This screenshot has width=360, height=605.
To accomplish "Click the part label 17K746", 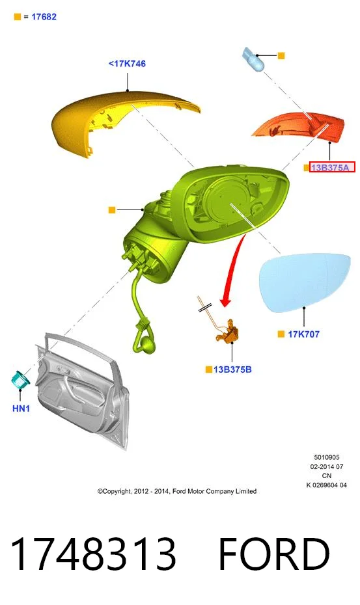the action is tap(128, 64).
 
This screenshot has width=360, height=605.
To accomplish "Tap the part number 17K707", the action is tap(303, 334).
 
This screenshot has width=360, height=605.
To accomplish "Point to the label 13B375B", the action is tap(232, 370).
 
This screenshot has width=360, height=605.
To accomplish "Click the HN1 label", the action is tap(21, 409).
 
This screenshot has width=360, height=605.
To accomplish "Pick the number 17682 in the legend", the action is tap(44, 17).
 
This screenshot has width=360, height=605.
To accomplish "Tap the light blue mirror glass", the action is tap(305, 282).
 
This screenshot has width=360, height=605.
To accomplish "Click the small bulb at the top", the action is tap(253, 59).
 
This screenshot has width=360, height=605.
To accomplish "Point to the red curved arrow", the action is tap(232, 270).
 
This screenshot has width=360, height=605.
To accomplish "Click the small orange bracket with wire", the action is tap(228, 332).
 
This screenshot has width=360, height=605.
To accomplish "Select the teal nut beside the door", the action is tap(21, 380).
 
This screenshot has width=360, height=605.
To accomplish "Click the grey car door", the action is tap(83, 390).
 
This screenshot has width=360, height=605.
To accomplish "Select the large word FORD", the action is tap(274, 554).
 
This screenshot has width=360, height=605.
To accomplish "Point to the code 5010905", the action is tap(327, 457).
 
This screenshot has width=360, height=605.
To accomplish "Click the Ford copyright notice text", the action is tap(177, 491).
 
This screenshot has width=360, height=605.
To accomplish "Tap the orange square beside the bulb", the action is tap(281, 55).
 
